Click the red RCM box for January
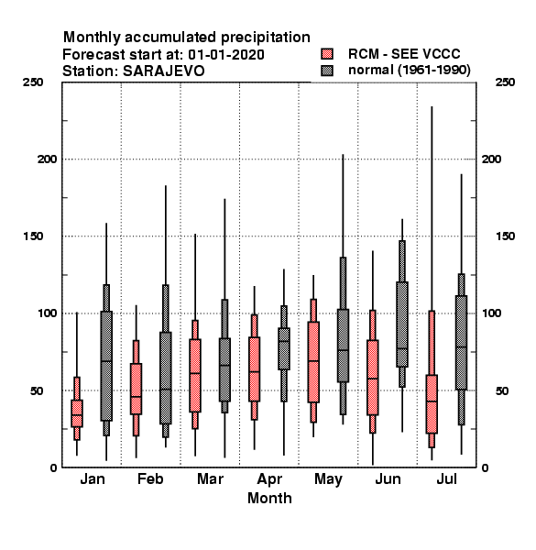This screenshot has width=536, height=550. click(x=77, y=413)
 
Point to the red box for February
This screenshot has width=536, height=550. click(x=136, y=389)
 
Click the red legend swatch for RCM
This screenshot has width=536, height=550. click(x=327, y=54)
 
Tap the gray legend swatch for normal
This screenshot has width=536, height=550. click(x=327, y=71)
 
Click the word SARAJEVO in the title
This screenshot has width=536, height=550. click(x=163, y=71)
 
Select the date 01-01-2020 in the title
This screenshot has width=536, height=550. click(x=226, y=55)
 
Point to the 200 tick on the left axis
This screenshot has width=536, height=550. click(x=47, y=159)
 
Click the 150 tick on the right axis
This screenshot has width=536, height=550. click(x=505, y=236)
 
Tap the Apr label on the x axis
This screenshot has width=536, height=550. click(x=269, y=479)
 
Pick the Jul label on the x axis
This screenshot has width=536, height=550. click(x=446, y=478)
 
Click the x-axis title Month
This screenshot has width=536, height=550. click(x=269, y=498)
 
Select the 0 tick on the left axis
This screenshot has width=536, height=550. click(x=53, y=467)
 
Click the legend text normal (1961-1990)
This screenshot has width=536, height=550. click(x=409, y=71)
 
